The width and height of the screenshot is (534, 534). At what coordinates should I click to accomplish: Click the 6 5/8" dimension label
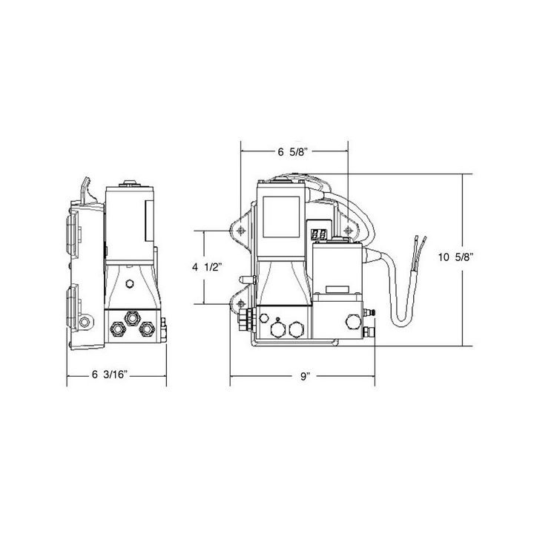click(294, 152)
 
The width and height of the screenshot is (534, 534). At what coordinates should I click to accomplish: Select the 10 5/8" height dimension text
click(455, 257)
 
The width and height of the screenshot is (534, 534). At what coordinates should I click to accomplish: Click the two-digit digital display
click(320, 234)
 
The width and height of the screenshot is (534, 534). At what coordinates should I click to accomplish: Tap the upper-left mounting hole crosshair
click(240, 230)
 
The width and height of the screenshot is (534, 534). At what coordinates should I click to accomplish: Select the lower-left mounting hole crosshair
click(240, 303)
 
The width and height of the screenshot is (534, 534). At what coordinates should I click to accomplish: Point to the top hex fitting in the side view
click(134, 317)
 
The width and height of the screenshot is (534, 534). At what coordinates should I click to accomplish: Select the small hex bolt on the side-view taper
click(130, 283)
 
